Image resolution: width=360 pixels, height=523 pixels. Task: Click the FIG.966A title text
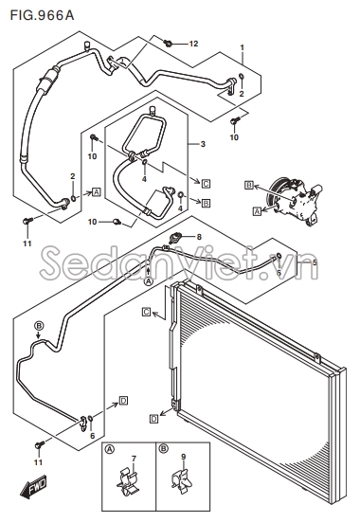(42, 15)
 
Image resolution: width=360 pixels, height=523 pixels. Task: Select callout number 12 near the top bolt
(193, 44)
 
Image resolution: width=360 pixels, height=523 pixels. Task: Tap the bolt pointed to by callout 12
(168, 43)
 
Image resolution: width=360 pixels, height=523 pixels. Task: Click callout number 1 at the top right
(243, 47)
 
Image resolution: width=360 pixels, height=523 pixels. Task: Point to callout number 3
(203, 144)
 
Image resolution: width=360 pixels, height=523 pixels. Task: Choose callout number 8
(199, 237)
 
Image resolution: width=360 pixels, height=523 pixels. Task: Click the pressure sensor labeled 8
(175, 238)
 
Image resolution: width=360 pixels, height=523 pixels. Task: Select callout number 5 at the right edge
(315, 262)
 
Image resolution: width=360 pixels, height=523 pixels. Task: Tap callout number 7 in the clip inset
(134, 459)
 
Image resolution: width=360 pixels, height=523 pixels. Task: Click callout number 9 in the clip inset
(184, 457)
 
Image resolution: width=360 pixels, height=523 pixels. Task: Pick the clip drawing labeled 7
(129, 483)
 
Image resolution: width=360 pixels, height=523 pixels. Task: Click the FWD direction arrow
(33, 488)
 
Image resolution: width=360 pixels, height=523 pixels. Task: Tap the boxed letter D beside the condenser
(153, 419)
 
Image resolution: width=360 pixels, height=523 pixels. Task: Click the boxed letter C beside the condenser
(147, 312)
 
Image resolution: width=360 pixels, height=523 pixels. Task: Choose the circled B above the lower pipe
(39, 325)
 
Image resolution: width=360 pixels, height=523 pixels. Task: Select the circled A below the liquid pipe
(149, 281)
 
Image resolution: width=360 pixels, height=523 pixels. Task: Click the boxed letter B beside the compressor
(249, 185)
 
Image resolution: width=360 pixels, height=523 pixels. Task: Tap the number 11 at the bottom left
(38, 462)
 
